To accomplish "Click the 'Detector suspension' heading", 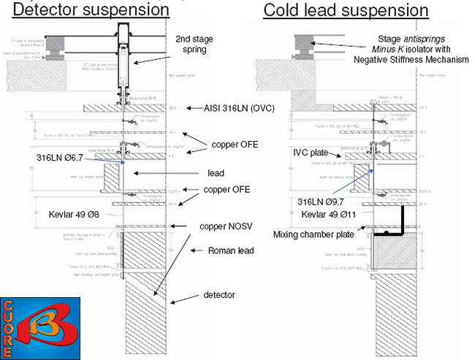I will [x=92, y=10].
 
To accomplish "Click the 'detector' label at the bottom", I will [x=220, y=295].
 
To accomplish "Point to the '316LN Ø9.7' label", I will [x=327, y=200].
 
